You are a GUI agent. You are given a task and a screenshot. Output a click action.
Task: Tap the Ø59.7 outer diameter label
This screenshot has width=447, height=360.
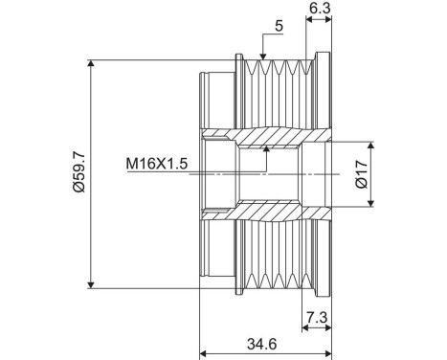point(78,173)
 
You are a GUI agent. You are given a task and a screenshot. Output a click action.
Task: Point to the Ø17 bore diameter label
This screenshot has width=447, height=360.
point(361,173)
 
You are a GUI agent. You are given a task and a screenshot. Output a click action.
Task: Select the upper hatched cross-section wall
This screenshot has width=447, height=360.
point(268,137)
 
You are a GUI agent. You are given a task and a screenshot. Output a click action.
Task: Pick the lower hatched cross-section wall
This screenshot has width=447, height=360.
point(268,210)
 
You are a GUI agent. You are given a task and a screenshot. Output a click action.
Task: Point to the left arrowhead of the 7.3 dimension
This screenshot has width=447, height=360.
point(304,328)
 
